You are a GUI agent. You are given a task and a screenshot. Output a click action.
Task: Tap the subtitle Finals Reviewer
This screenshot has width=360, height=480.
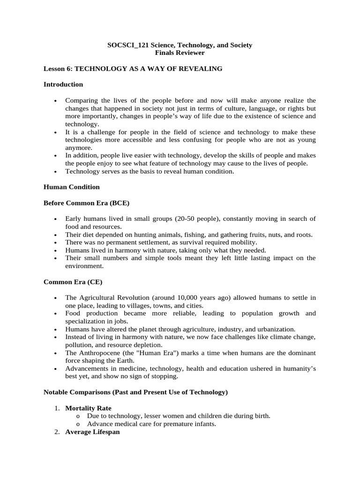point(180,52)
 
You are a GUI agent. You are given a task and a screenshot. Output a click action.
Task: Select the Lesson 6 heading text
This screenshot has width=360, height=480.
point(133,69)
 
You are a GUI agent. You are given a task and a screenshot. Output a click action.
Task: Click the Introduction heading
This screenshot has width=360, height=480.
point(63,84)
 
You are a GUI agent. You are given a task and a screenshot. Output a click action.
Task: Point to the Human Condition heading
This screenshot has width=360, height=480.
point(71,187)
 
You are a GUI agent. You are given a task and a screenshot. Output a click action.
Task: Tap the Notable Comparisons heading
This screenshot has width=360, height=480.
point(135,392)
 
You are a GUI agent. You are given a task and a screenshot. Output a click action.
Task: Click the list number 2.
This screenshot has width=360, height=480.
point(57,432)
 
